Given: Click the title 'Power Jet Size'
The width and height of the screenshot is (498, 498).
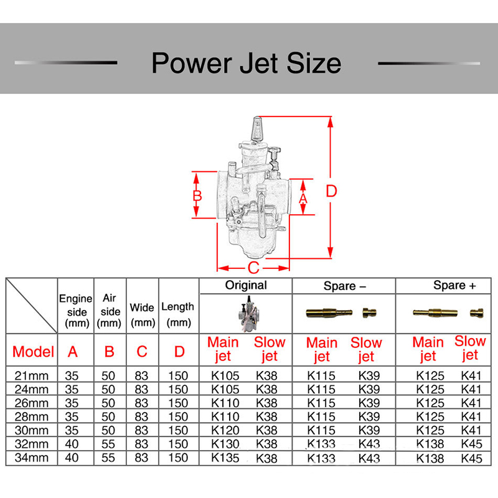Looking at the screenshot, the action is pyautogui.click(x=247, y=63).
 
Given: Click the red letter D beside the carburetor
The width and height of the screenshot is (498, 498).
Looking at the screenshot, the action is pyautogui.click(x=331, y=191).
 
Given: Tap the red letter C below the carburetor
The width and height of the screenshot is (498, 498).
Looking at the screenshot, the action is pyautogui.click(x=253, y=268).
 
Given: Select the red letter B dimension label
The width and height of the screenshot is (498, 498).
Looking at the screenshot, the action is pyautogui.click(x=197, y=195).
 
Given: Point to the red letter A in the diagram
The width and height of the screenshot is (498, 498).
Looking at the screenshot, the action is pyautogui.click(x=303, y=199).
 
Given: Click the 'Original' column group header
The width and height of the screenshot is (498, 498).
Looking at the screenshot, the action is pyautogui.click(x=246, y=285).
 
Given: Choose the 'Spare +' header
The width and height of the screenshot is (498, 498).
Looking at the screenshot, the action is pyautogui.click(x=454, y=286).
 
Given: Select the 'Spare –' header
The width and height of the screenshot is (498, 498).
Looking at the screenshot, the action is pyautogui.click(x=345, y=286).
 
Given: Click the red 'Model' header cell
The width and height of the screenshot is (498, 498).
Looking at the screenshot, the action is pyautogui.click(x=33, y=352).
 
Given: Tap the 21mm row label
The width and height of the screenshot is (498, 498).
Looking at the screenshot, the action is pyautogui.click(x=32, y=376).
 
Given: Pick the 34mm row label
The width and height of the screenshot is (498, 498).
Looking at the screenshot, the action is pyautogui.click(x=32, y=458).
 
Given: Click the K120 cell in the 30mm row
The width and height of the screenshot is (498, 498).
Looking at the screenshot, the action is pyautogui.click(x=225, y=430).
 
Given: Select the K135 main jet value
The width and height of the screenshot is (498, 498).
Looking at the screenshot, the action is pyautogui.click(x=225, y=458).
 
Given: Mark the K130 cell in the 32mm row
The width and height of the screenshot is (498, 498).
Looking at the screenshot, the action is pyautogui.click(x=225, y=444).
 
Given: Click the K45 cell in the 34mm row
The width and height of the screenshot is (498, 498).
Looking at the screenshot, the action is pyautogui.click(x=471, y=458).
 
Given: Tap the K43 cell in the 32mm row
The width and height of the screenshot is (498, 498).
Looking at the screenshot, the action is pyautogui.click(x=369, y=444).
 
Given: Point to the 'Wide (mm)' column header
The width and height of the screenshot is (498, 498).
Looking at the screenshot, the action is pyautogui.click(x=143, y=315).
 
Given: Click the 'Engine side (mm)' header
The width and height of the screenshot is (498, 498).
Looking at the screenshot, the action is pyautogui.click(x=76, y=311).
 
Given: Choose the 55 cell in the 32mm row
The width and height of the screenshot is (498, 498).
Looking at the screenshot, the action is pyautogui.click(x=108, y=444).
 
